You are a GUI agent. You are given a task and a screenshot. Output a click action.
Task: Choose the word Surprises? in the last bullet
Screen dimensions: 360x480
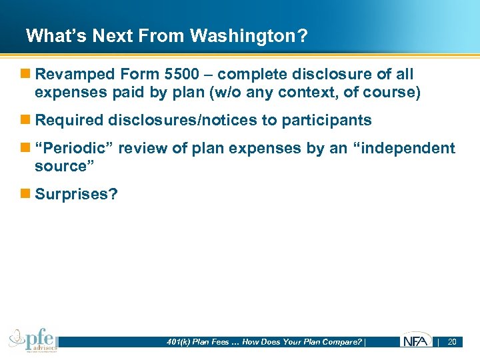tap(75, 194)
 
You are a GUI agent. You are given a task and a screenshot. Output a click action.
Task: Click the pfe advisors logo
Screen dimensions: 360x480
tap(33, 340)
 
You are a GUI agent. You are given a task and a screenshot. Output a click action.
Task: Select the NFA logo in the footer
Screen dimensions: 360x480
tap(415, 341)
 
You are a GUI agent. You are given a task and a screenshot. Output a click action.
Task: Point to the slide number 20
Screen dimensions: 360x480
tap(451, 342)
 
